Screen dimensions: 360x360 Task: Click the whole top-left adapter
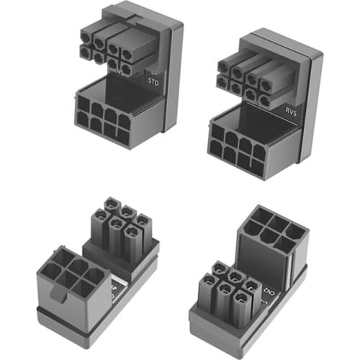tap(126, 76)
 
